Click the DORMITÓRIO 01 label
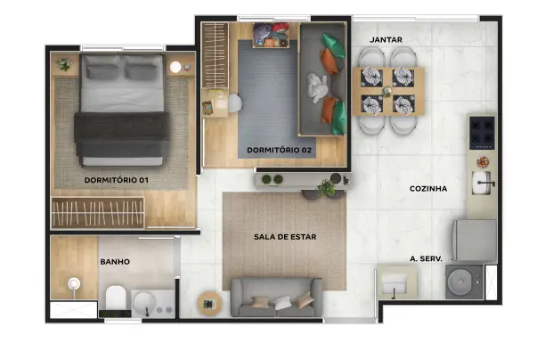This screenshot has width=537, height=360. [116, 180]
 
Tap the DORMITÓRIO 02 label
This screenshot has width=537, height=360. [279, 150]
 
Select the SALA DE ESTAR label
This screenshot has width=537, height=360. [285, 237]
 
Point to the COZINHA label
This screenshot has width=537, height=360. [428, 189]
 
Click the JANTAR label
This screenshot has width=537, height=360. [386, 40]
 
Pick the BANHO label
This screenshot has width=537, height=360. [115, 262]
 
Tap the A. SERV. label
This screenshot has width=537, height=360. [426, 259]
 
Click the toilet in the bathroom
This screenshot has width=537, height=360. [116, 299]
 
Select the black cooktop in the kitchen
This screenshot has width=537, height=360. [482, 133]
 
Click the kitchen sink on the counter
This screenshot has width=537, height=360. [482, 183]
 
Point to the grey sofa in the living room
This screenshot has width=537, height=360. [276, 298]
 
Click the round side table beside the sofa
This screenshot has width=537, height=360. [209, 304]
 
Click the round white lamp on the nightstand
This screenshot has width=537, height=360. [175, 67]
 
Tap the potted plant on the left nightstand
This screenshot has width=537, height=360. [64, 64]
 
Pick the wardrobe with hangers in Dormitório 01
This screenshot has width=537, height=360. [98, 213]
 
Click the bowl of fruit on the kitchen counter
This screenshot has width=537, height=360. [483, 162]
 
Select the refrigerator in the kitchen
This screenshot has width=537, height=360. [475, 241]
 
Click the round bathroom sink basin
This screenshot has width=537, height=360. [144, 303]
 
